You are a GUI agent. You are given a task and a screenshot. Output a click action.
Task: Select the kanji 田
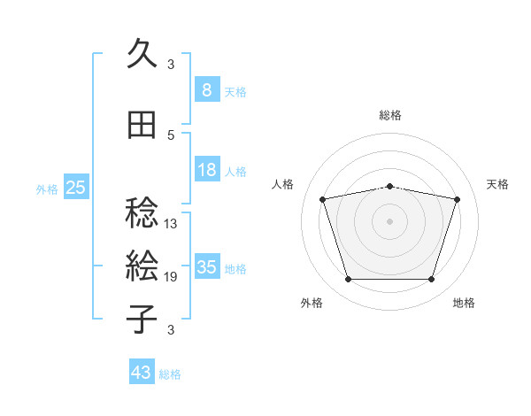(142, 126)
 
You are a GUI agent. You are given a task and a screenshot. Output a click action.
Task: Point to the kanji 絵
(142, 266)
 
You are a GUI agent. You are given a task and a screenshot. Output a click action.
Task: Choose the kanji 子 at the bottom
(142, 319)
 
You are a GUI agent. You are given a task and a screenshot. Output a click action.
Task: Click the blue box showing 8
(206, 90)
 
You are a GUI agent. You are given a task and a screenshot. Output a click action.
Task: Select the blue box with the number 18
(206, 170)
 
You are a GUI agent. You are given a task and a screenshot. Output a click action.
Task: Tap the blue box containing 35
(206, 267)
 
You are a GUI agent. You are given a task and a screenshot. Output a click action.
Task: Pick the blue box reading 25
(75, 188)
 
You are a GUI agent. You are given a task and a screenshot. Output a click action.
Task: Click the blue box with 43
(141, 373)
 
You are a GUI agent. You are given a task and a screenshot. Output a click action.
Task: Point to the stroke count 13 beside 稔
(171, 224)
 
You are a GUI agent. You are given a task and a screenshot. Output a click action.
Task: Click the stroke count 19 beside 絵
(171, 277)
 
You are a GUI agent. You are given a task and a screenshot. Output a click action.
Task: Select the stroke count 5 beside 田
(171, 135)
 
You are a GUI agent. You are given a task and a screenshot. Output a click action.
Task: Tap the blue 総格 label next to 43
(170, 374)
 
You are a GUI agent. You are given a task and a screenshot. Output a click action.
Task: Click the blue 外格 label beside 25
(46, 189)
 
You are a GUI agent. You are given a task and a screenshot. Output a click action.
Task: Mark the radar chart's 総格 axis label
(390, 115)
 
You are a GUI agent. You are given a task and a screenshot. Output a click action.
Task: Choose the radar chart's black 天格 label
(498, 184)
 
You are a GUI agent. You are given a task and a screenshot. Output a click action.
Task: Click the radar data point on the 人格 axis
(322, 200)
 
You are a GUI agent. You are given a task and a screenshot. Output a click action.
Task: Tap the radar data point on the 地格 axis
(431, 280)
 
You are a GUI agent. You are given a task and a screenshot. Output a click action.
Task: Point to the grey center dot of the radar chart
(389, 221)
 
